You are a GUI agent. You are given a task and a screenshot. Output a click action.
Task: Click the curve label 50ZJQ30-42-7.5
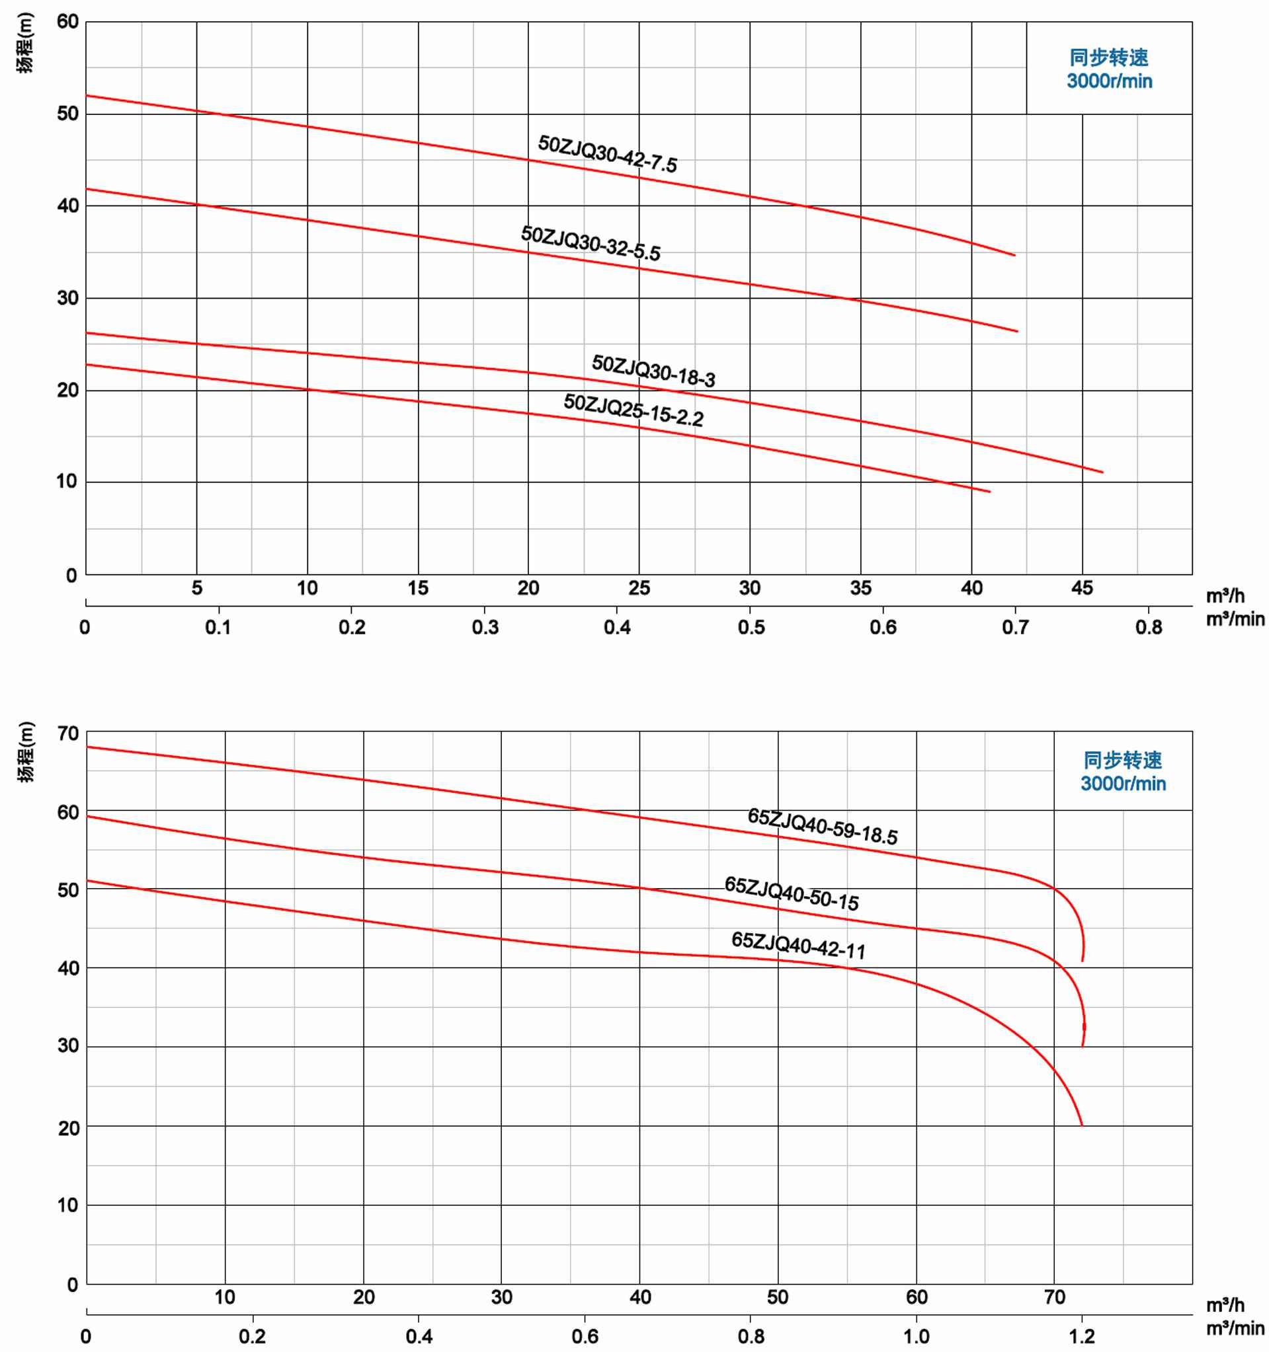607,154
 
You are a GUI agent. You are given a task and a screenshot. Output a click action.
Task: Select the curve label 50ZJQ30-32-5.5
591,243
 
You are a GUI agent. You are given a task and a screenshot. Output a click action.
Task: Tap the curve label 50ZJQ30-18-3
653,371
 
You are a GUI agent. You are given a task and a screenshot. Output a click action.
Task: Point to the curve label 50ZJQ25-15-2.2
634,410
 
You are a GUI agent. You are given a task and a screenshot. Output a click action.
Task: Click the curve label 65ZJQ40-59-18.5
822,825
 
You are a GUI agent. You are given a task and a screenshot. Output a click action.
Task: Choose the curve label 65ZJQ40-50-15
792,893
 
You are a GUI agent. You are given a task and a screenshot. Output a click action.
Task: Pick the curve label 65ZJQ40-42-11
798,946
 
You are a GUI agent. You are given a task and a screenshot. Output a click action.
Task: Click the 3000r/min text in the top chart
1109,81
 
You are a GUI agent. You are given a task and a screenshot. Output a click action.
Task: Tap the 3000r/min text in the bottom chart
1123,784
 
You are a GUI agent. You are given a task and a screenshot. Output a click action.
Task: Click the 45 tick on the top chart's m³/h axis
1082,588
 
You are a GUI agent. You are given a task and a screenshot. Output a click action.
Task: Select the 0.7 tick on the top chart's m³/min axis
1014,627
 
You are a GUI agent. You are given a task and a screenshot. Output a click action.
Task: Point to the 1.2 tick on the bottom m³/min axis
1081,1336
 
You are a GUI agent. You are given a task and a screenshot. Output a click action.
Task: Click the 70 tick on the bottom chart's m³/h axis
1054,1297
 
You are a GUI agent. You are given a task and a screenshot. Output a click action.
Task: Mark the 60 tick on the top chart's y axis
67,22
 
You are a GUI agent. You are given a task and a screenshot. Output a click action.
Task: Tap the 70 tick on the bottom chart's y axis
67,733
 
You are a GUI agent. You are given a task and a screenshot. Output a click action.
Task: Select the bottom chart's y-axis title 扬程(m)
25,752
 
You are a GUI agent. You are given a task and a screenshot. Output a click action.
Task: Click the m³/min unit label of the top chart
1235,620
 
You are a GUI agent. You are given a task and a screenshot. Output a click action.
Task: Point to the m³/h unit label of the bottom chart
1225,1305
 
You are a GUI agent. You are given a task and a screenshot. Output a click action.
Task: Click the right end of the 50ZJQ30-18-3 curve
1102,472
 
